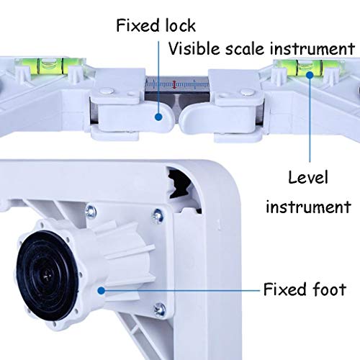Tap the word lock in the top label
[x=181, y=25]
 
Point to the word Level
[x=308, y=178]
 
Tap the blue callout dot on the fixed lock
[x=158, y=117]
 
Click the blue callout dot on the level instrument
[x=310, y=75]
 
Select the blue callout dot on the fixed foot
[x=102, y=291]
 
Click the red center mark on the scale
[x=174, y=84]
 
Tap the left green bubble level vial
[x=50, y=66]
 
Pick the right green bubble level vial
[x=309, y=66]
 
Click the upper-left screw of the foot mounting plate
[x=91, y=211]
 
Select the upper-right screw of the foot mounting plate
[x=158, y=216]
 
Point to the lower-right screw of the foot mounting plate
[x=160, y=309]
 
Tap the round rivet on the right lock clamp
[x=247, y=92]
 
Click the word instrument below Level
[x=308, y=207]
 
